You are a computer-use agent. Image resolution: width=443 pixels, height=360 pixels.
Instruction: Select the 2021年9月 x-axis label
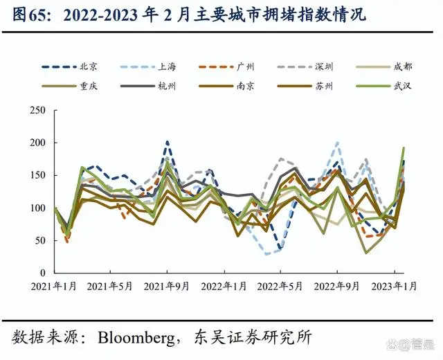[x=167, y=285]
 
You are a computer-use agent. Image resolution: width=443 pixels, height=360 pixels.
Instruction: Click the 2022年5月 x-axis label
[x=280, y=285]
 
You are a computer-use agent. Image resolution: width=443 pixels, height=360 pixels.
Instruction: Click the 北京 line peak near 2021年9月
[x=168, y=142]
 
